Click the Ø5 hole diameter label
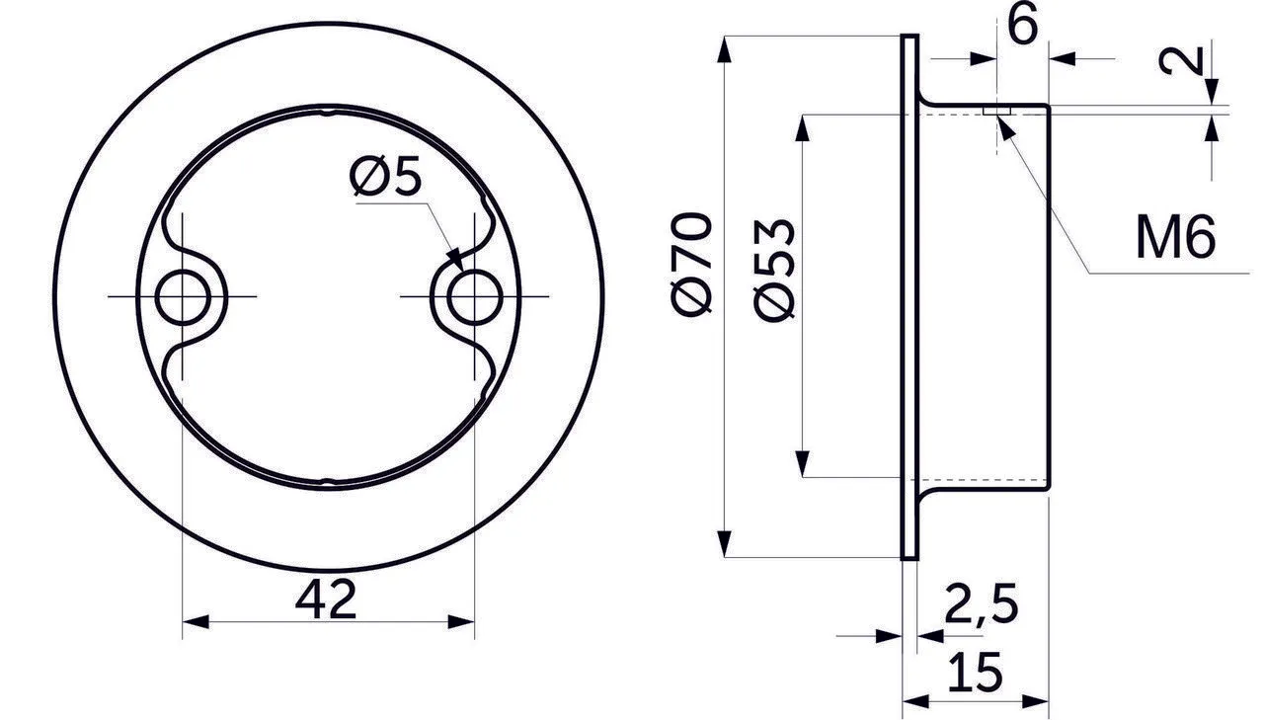[385, 176]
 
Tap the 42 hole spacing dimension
[326, 599]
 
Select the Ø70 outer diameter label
[691, 263]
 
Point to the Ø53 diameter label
[773, 271]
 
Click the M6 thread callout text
[1175, 238]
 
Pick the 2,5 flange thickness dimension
[982, 603]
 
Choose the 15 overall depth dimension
[976, 672]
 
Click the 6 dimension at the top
[1022, 25]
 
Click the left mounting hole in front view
[183, 297]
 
